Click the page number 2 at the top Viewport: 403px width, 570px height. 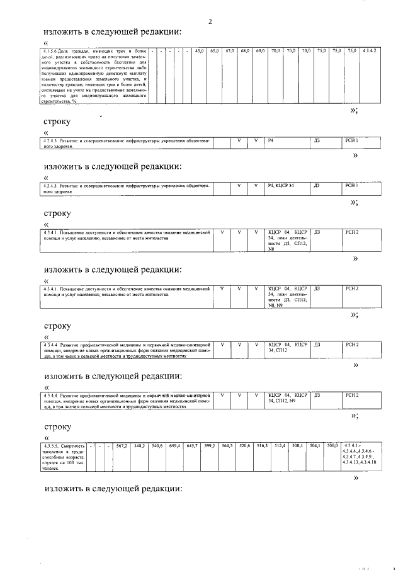[x=210, y=22]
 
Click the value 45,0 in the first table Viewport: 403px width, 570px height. [x=200, y=50]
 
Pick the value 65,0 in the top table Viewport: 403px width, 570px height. [x=215, y=50]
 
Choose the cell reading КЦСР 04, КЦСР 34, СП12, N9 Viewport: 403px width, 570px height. [x=287, y=397]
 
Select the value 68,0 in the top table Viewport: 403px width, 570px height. [x=245, y=50]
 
